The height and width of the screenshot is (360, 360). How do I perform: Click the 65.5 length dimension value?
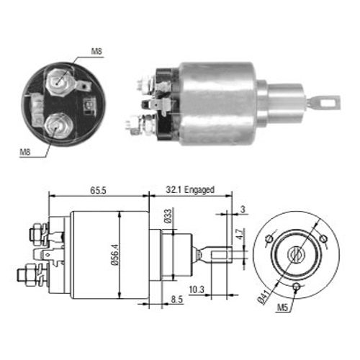[98, 190]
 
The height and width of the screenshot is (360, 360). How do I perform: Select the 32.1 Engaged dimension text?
[190, 190]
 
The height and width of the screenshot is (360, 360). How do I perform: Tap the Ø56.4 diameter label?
[115, 255]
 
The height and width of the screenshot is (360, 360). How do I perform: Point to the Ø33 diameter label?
[168, 216]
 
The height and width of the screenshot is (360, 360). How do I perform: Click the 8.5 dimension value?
[177, 300]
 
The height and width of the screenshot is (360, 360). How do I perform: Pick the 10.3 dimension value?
[197, 289]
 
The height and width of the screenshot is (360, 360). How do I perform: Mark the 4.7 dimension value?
[240, 233]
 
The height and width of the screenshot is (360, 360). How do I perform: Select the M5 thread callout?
[282, 307]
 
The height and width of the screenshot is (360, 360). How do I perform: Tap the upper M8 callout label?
[96, 51]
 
